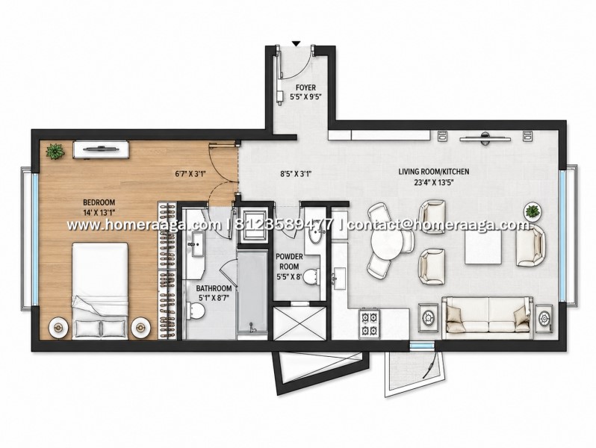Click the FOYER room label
pyautogui.click(x=305, y=88)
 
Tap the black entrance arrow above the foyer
pyautogui.click(x=297, y=43)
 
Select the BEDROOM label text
pyautogui.click(x=99, y=202)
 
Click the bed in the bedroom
pyautogui.click(x=100, y=290)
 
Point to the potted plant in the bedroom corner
pyautogui.click(x=55, y=152)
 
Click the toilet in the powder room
pyautogui.click(x=311, y=276)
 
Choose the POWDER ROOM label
pyautogui.click(x=289, y=262)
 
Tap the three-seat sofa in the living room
pyautogui.click(x=488, y=317)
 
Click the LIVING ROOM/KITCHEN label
pyautogui.click(x=434, y=172)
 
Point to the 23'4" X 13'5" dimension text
pyautogui.click(x=434, y=182)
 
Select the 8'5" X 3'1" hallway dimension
pyautogui.click(x=296, y=175)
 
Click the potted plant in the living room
pyautogui.click(x=533, y=211)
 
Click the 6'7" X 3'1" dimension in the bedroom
pyautogui.click(x=190, y=175)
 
